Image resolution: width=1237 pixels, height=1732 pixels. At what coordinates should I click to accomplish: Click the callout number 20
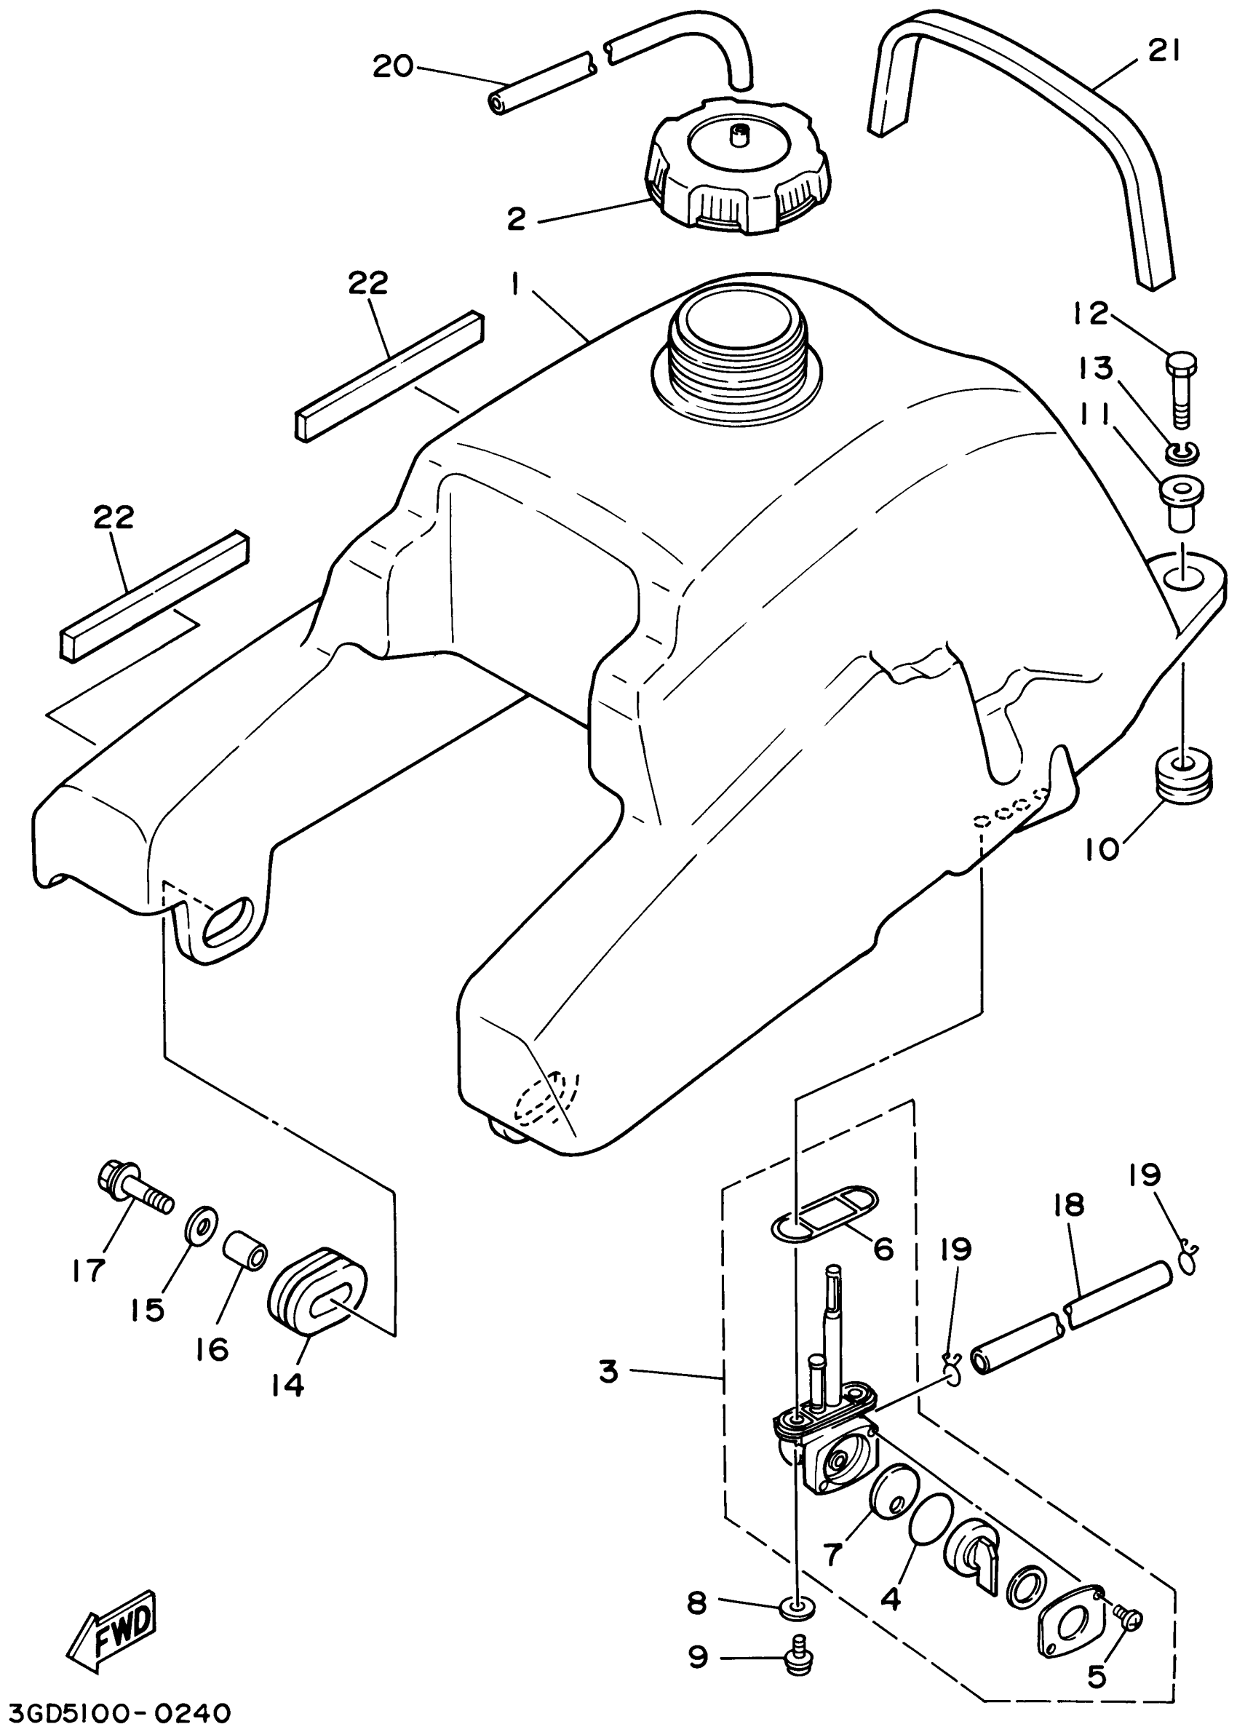coord(393,67)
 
